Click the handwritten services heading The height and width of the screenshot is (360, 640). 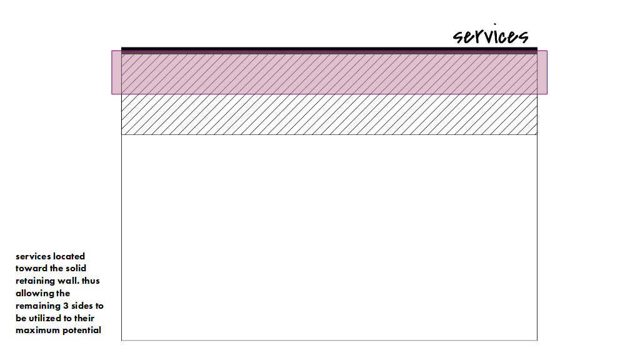point(491,37)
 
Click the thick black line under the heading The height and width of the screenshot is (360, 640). point(329,49)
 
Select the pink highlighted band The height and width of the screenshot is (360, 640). point(329,72)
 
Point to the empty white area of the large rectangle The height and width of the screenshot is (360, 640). point(329,237)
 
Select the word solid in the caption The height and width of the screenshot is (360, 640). point(74,269)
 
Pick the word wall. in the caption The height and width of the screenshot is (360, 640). point(70,281)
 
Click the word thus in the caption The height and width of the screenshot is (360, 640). point(91,281)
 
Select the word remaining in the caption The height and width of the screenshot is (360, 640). point(39,306)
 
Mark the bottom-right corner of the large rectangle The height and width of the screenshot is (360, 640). point(537,340)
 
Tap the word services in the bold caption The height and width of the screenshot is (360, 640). point(33,256)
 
